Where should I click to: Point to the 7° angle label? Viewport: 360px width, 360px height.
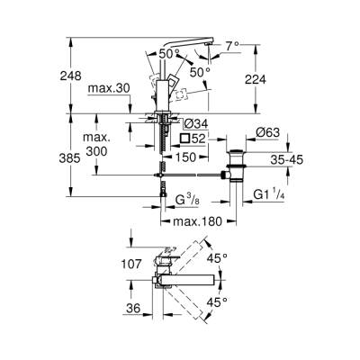[x=232, y=44]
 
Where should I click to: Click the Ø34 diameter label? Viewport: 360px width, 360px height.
[x=194, y=123]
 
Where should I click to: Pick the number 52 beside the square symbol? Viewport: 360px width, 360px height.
[x=200, y=139]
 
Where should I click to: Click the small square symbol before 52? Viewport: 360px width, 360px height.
[x=184, y=139]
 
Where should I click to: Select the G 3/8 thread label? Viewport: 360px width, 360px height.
[x=186, y=197]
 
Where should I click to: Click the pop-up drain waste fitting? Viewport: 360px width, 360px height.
[x=238, y=166]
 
